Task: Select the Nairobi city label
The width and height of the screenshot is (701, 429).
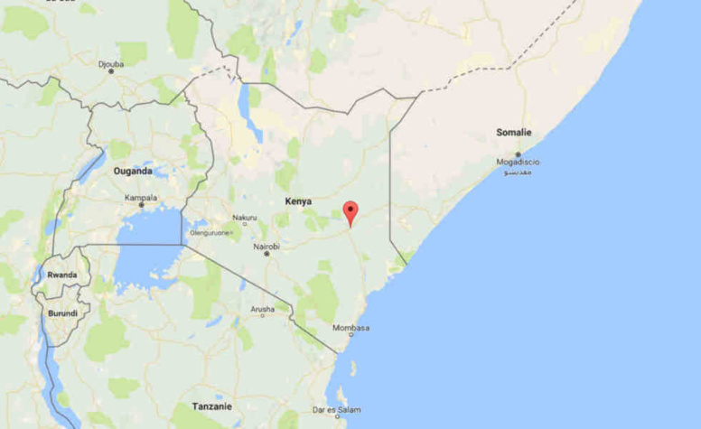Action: pyautogui.click(x=266, y=246)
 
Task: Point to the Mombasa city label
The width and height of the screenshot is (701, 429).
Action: pyautogui.click(x=350, y=328)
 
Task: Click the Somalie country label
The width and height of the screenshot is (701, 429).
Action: pyautogui.click(x=514, y=133)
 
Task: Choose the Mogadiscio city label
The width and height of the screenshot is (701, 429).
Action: pyautogui.click(x=519, y=163)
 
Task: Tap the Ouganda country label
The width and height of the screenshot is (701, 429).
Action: pyautogui.click(x=133, y=170)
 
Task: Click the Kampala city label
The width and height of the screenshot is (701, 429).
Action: pyautogui.click(x=141, y=198)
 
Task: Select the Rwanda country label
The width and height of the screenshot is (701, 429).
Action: pyautogui.click(x=62, y=275)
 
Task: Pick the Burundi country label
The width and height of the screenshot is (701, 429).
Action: pyautogui.click(x=62, y=313)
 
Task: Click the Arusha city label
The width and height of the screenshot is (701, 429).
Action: pyautogui.click(x=263, y=310)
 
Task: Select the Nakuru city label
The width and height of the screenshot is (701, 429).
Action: pyautogui.click(x=245, y=218)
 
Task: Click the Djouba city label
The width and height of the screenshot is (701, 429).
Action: pyautogui.click(x=110, y=63)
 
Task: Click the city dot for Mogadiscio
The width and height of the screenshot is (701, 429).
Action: pyautogui.click(x=519, y=154)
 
